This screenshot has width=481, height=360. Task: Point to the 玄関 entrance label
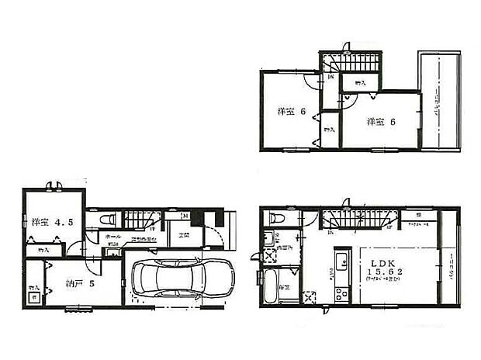point(187,234)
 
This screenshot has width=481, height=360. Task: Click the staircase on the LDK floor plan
point(353,219)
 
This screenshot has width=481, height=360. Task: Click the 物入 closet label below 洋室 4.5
point(42,250)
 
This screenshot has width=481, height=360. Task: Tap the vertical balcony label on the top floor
point(439,101)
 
